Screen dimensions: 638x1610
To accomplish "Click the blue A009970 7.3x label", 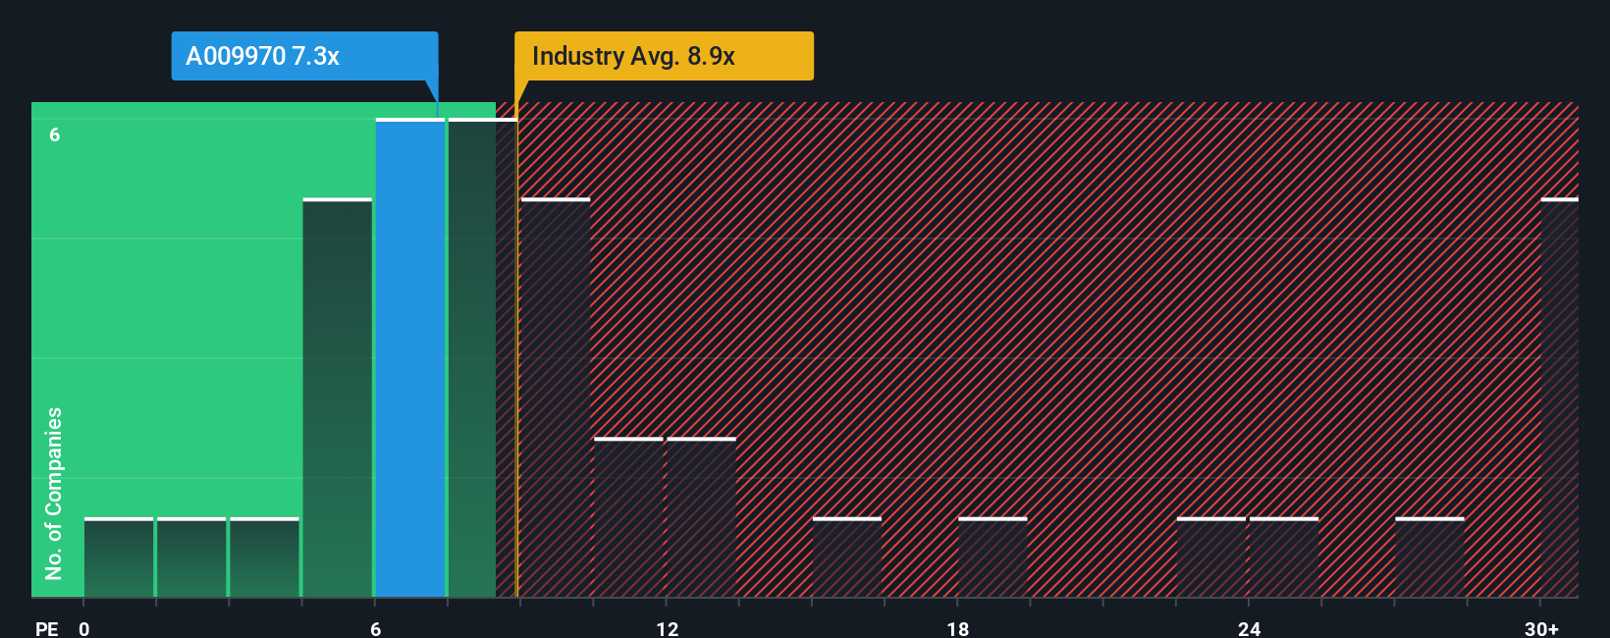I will click(304, 56).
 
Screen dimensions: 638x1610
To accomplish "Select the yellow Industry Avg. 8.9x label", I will click(664, 56).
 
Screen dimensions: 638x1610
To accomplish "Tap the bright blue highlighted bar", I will click(410, 358).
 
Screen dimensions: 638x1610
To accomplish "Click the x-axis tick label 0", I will click(84, 628).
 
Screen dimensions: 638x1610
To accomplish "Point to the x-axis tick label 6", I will click(375, 628).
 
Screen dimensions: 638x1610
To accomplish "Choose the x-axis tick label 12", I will click(667, 628).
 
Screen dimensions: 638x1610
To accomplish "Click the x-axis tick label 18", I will click(958, 628).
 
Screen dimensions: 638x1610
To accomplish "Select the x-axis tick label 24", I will click(1249, 628).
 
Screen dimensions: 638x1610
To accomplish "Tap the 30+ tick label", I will click(1541, 628).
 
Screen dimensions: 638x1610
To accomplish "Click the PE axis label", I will click(46, 628).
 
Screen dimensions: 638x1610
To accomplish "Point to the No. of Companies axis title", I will click(54, 493).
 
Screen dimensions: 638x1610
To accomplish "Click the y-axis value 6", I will click(55, 134).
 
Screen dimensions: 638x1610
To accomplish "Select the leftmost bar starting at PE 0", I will click(119, 558).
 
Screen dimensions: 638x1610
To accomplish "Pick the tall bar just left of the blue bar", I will click(338, 398).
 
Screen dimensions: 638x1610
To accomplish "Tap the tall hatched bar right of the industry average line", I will click(556, 398).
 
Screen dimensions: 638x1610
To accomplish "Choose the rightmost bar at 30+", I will click(1559, 398).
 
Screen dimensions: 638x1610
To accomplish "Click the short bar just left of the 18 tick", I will click(847, 558).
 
